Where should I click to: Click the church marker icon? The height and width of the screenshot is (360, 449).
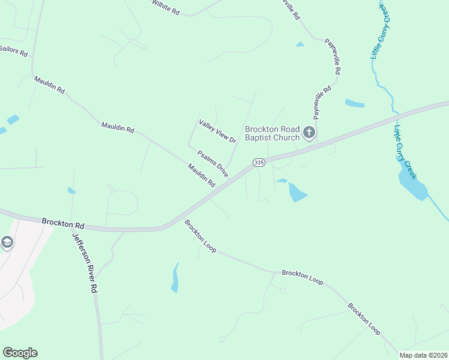click(309, 132)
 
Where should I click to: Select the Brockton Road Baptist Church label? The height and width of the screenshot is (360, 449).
click(272, 133)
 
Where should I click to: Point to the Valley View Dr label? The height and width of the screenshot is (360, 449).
click(218, 131)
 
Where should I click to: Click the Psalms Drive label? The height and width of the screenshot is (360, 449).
click(213, 163)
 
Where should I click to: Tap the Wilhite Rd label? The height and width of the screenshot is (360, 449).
click(165, 7)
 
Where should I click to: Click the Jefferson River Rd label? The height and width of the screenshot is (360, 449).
click(85, 262)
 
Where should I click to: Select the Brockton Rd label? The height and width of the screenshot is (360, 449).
click(62, 223)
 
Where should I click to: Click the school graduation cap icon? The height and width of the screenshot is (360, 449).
click(7, 242)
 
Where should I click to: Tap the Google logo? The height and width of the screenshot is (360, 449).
click(20, 353)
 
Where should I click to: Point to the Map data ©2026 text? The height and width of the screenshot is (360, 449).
click(423, 355)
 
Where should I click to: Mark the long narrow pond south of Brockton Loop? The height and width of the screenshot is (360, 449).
click(175, 278)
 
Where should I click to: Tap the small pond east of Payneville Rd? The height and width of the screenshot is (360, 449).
click(355, 103)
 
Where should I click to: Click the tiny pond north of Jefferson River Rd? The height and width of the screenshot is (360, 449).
click(72, 191)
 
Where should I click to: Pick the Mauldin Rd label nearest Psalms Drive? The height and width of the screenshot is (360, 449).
click(200, 175)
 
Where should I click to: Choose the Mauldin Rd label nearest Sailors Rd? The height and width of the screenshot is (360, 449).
click(49, 84)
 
